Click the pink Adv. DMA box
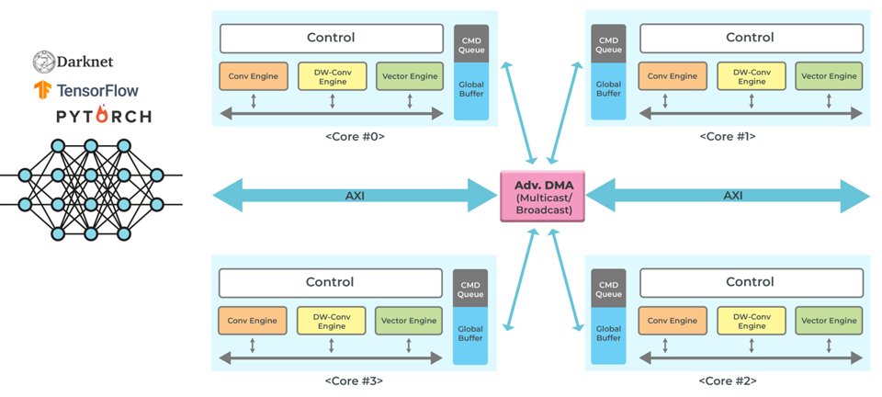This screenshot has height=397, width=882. (542, 196)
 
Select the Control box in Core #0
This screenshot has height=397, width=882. (331, 39)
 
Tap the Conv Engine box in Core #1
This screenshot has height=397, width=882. (673, 76)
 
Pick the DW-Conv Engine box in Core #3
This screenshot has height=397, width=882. (331, 321)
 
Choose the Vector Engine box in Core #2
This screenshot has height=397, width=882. (829, 321)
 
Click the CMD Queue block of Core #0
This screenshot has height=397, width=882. (470, 43)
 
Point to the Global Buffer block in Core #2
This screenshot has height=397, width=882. (608, 335)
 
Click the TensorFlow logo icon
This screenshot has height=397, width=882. (43, 89)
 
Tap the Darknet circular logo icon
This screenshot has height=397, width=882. (43, 61)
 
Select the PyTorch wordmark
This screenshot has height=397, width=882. (104, 116)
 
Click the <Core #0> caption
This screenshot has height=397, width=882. (355, 136)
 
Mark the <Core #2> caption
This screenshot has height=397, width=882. (727, 380)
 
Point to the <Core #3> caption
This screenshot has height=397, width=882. (355, 380)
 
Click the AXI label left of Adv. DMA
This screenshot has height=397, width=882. (355, 196)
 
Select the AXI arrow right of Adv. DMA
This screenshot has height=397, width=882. (728, 196)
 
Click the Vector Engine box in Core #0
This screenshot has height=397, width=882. (410, 76)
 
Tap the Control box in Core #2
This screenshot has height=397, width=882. (751, 282)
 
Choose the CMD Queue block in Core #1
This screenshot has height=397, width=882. (609, 43)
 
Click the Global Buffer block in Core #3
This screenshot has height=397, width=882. (470, 335)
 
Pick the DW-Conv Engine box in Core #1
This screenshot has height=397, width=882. (752, 76)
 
